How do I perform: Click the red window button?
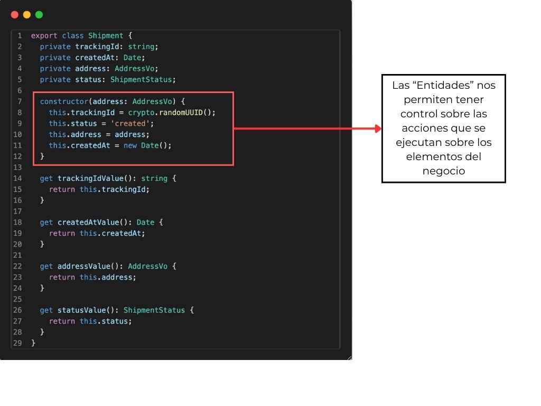click(x=14, y=14)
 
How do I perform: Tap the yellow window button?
click(x=27, y=14)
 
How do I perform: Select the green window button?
click(x=39, y=14)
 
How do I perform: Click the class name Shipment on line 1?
click(x=106, y=35)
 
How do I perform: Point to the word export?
click(x=44, y=36)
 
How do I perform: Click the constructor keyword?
click(x=64, y=101)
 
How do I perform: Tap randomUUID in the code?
click(x=181, y=113)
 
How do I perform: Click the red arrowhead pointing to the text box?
click(x=378, y=128)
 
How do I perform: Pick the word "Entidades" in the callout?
click(x=443, y=85)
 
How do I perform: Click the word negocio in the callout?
click(x=444, y=171)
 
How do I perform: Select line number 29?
click(x=17, y=343)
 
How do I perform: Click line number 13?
click(x=17, y=168)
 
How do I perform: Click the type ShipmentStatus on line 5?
click(x=141, y=79)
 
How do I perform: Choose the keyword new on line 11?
click(x=130, y=146)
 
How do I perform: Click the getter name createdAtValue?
click(x=88, y=223)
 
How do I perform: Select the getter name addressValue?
click(x=84, y=266)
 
